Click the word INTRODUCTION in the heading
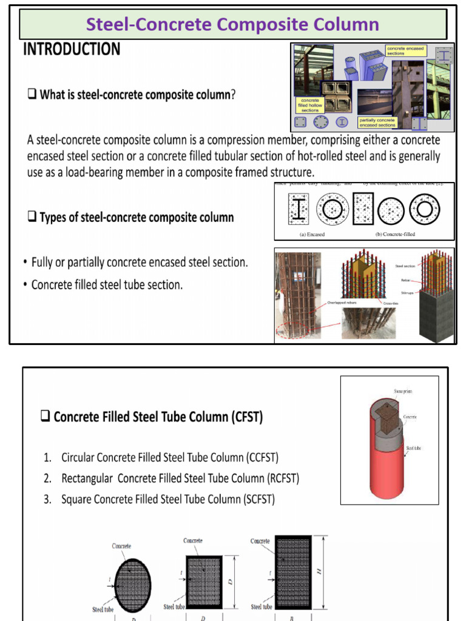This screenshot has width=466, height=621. point(72,49)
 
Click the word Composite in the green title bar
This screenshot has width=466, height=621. point(264,24)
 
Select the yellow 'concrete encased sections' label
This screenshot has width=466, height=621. point(406,50)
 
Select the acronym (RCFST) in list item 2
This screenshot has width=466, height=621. point(283,478)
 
